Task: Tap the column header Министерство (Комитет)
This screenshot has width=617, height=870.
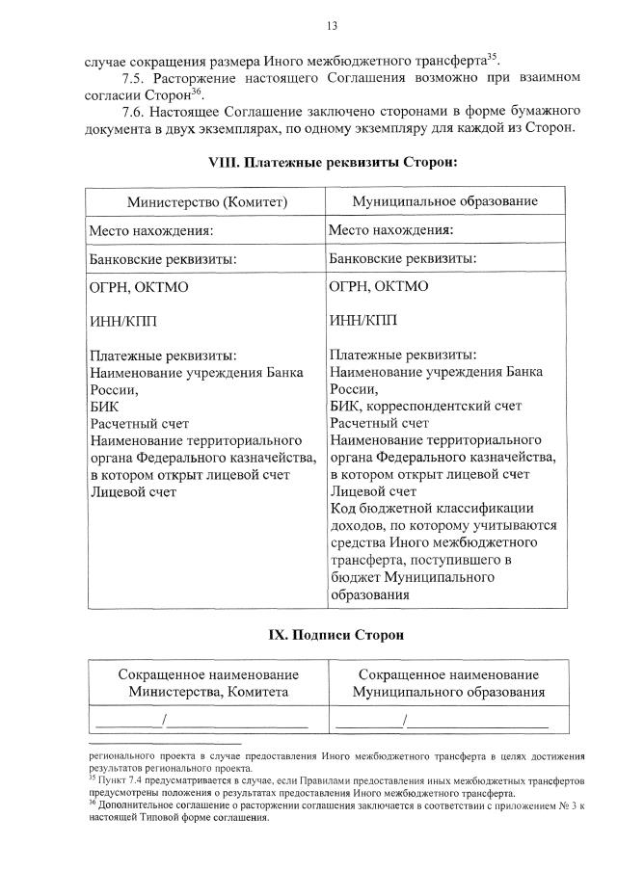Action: coord(207,202)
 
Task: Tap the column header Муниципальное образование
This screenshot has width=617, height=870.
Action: coord(444,202)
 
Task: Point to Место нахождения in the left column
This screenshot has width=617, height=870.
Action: coord(150,231)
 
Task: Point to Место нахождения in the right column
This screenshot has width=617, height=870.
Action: coord(390,231)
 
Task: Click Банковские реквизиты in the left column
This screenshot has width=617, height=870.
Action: coord(162,260)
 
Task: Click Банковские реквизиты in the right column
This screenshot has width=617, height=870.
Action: coord(402,260)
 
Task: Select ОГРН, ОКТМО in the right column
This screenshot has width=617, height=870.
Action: coord(379,287)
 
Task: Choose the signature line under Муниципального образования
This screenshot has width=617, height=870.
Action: coord(443,721)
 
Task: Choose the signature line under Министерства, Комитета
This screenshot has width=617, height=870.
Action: coord(202,721)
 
